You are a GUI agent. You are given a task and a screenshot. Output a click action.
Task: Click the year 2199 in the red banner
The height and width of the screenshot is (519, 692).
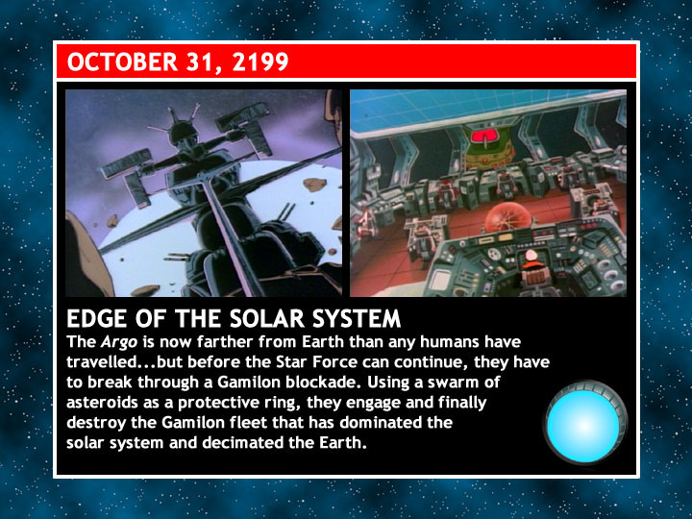pos(260,62)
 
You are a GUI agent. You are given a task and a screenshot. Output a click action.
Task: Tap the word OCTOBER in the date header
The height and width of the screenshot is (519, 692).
pos(122,62)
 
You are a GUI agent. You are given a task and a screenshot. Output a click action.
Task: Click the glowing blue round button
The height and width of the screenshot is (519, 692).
pos(584,424)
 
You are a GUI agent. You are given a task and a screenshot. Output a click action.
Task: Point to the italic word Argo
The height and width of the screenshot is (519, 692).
pos(119,342)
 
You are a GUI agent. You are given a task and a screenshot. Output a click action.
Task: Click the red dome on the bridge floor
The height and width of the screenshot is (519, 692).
pos(507,217)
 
